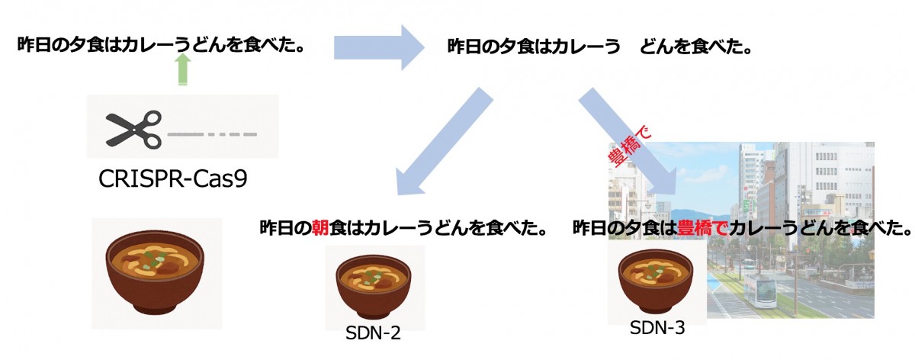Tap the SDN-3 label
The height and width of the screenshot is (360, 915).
pos(657,328)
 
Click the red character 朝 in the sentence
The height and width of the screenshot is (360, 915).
pos(319,228)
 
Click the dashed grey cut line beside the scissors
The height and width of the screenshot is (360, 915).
pos(212,135)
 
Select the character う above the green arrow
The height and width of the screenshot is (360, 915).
pos(183,43)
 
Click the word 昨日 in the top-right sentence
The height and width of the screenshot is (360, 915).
pos(467,47)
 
